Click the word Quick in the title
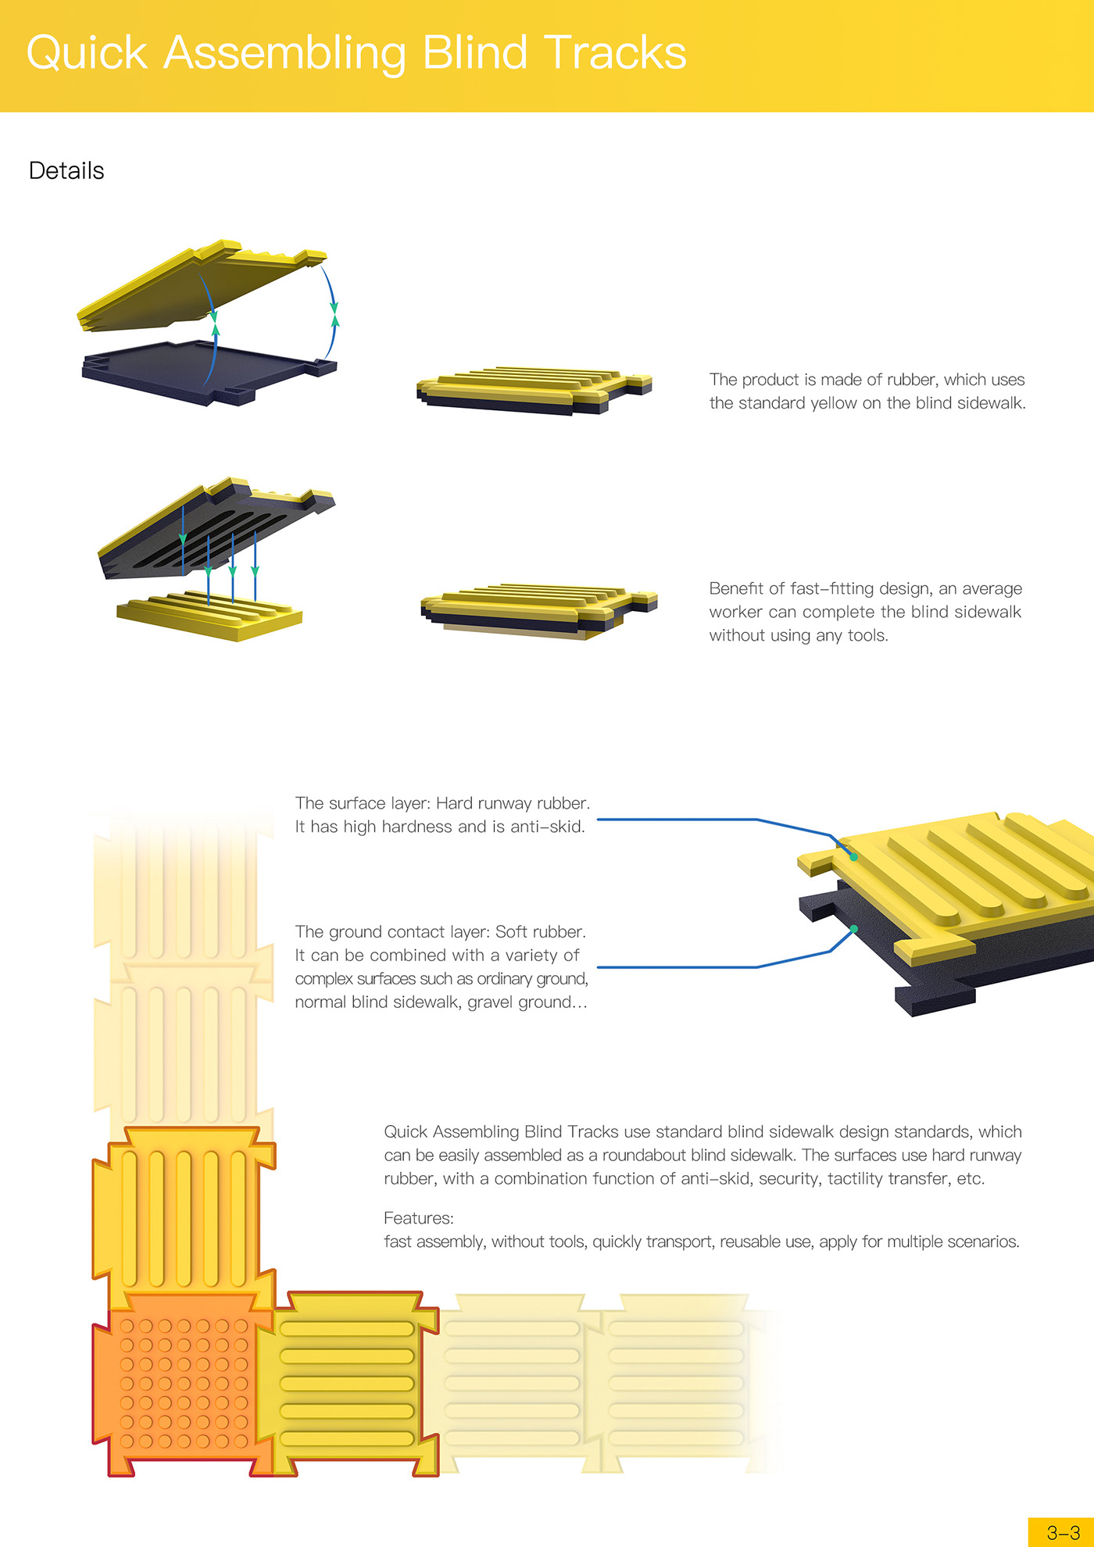tap(87, 53)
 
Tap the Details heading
tap(66, 170)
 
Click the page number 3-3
tap(1063, 1533)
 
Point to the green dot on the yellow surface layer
tap(854, 857)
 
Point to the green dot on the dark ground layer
tap(854, 929)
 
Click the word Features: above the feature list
tap(418, 1218)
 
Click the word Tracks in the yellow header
tap(615, 53)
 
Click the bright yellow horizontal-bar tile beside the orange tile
tap(346, 1383)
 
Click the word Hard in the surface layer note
tap(453, 803)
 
